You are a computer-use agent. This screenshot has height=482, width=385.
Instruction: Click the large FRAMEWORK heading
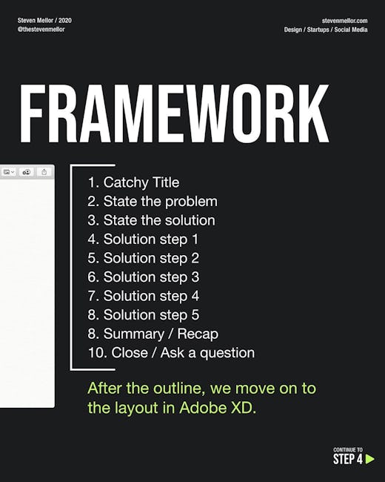[x=175, y=113]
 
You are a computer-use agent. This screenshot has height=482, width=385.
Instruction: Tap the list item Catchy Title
[x=133, y=182]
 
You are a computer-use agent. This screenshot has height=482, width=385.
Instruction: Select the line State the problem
[x=153, y=202]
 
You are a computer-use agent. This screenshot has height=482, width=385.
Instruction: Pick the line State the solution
[x=151, y=220]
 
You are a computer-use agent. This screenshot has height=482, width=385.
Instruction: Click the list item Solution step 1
[x=143, y=240]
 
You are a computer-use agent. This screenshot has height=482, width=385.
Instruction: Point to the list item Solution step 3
[x=144, y=277]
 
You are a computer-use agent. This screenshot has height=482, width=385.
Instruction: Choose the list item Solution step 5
[x=144, y=315]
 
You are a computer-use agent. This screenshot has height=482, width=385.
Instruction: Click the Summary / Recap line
[x=153, y=334]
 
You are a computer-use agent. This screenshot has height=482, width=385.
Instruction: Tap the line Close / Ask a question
[x=171, y=353]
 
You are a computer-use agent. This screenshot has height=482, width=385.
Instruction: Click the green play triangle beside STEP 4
[x=369, y=459]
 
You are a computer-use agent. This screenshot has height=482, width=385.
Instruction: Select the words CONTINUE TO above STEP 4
[x=348, y=449]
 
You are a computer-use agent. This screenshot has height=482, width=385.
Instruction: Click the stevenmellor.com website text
[x=344, y=21]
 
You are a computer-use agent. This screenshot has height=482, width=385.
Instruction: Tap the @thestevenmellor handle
[x=41, y=29]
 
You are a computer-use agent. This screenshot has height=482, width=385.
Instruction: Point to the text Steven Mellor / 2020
[x=44, y=20]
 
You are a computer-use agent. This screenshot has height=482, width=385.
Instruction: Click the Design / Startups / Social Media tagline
[x=326, y=30]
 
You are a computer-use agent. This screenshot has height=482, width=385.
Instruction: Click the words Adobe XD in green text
[x=218, y=408]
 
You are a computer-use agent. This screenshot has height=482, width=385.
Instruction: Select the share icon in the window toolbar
[x=44, y=172]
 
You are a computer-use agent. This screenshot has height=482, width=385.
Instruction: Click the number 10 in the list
[x=97, y=353]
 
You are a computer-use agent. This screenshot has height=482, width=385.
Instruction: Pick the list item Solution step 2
[x=144, y=259]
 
